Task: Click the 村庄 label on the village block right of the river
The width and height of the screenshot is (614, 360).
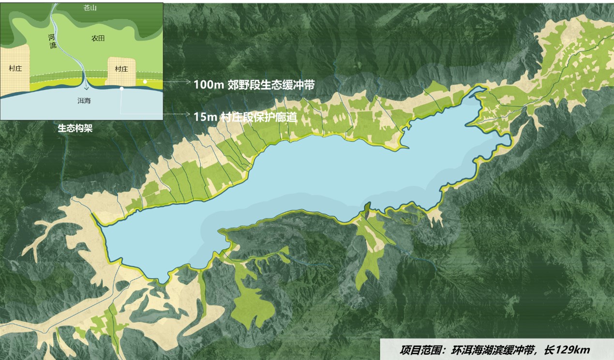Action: click(121, 69)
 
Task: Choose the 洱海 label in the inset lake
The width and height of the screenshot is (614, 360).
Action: click(84, 101)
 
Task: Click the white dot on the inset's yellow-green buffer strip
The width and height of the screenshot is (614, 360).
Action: click(145, 82)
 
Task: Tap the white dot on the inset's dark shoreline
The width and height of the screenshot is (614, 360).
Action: click(122, 89)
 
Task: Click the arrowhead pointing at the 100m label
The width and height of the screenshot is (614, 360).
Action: click(189, 83)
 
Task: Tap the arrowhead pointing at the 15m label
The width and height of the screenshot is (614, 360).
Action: click(189, 114)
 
